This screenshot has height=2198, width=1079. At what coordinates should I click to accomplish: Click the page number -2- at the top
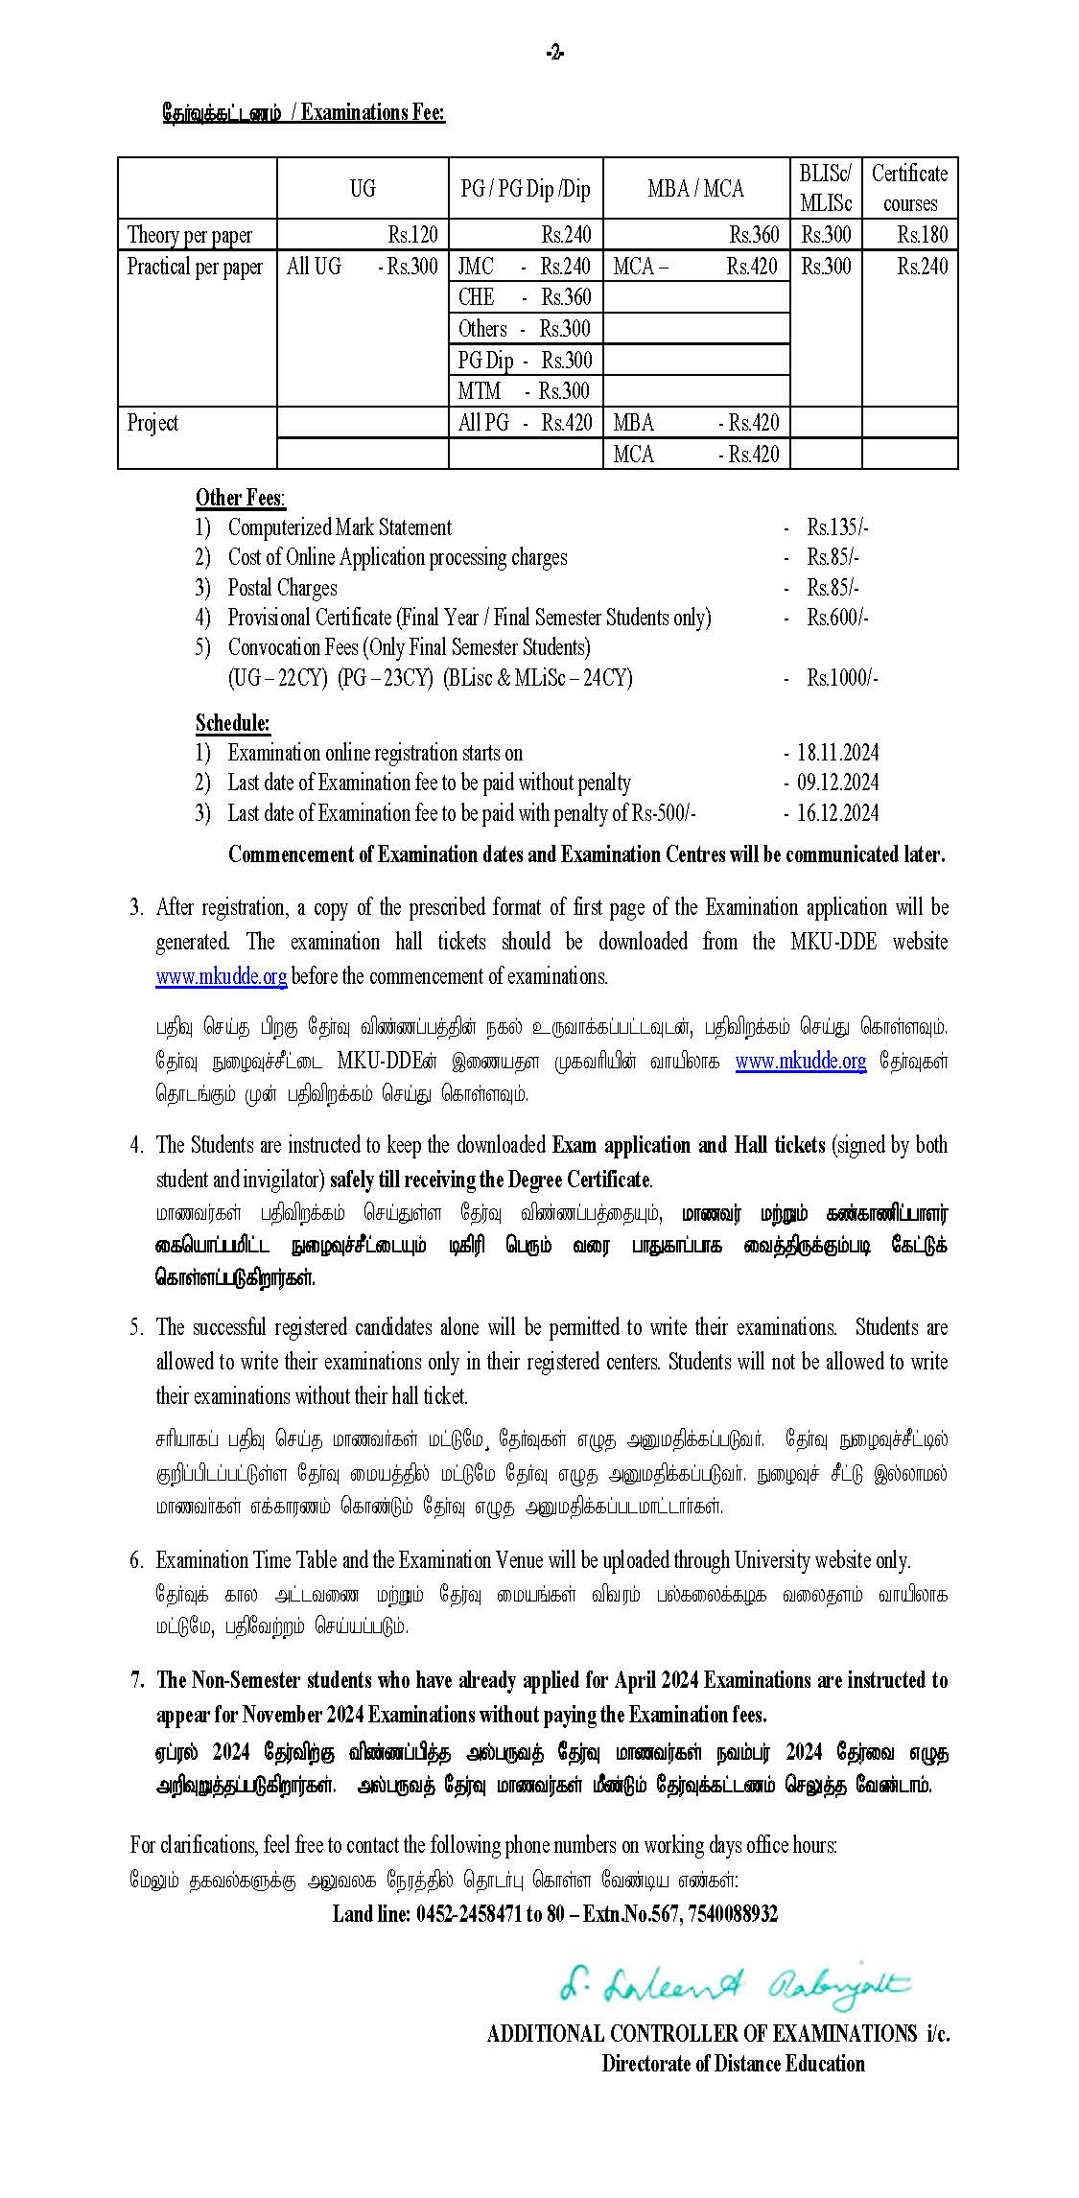554,53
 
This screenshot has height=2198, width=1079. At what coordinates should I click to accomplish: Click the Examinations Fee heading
303,112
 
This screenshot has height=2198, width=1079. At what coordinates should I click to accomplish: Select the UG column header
363,188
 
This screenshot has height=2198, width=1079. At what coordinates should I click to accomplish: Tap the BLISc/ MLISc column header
825,188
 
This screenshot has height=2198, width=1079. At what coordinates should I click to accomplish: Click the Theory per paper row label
190,235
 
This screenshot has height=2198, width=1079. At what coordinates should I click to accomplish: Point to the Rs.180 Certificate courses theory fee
922,234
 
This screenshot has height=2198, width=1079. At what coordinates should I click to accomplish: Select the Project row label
152,423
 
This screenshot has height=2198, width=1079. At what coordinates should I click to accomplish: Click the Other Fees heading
240,497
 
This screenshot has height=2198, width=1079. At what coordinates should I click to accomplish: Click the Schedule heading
233,722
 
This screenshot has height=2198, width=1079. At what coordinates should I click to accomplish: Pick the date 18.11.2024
837,753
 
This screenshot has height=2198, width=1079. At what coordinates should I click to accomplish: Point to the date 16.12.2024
837,813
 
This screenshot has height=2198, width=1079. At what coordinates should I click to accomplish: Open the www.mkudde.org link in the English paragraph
222,976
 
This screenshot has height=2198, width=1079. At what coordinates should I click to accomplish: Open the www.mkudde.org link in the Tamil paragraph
801,1061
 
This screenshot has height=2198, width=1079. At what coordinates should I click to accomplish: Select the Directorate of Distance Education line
733,2063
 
